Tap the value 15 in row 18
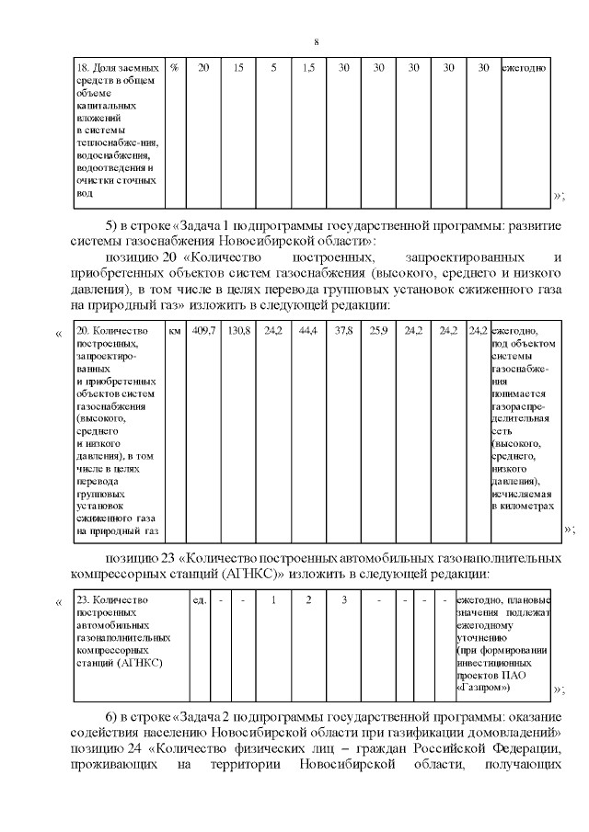[x=238, y=68]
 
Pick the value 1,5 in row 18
[x=308, y=68]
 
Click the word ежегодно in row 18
[x=525, y=68]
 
